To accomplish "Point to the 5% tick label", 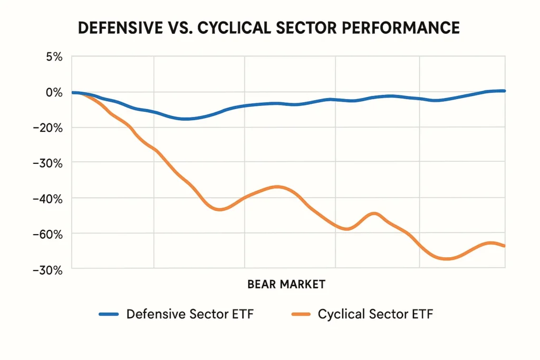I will point(54,57).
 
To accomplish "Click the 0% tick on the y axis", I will point(54,92).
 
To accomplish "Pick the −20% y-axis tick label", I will point(49,128).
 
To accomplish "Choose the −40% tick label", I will point(49,198).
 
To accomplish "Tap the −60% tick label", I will point(49,233).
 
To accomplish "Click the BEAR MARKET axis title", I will point(286,285).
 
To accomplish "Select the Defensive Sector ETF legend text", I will point(190,315).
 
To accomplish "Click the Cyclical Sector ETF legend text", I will point(375,315).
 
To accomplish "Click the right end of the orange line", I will point(505,246).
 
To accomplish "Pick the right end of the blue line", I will point(505,91).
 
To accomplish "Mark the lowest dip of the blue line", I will point(186,119).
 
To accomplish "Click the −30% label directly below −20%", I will point(49,163).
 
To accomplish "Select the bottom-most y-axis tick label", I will point(49,269).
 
